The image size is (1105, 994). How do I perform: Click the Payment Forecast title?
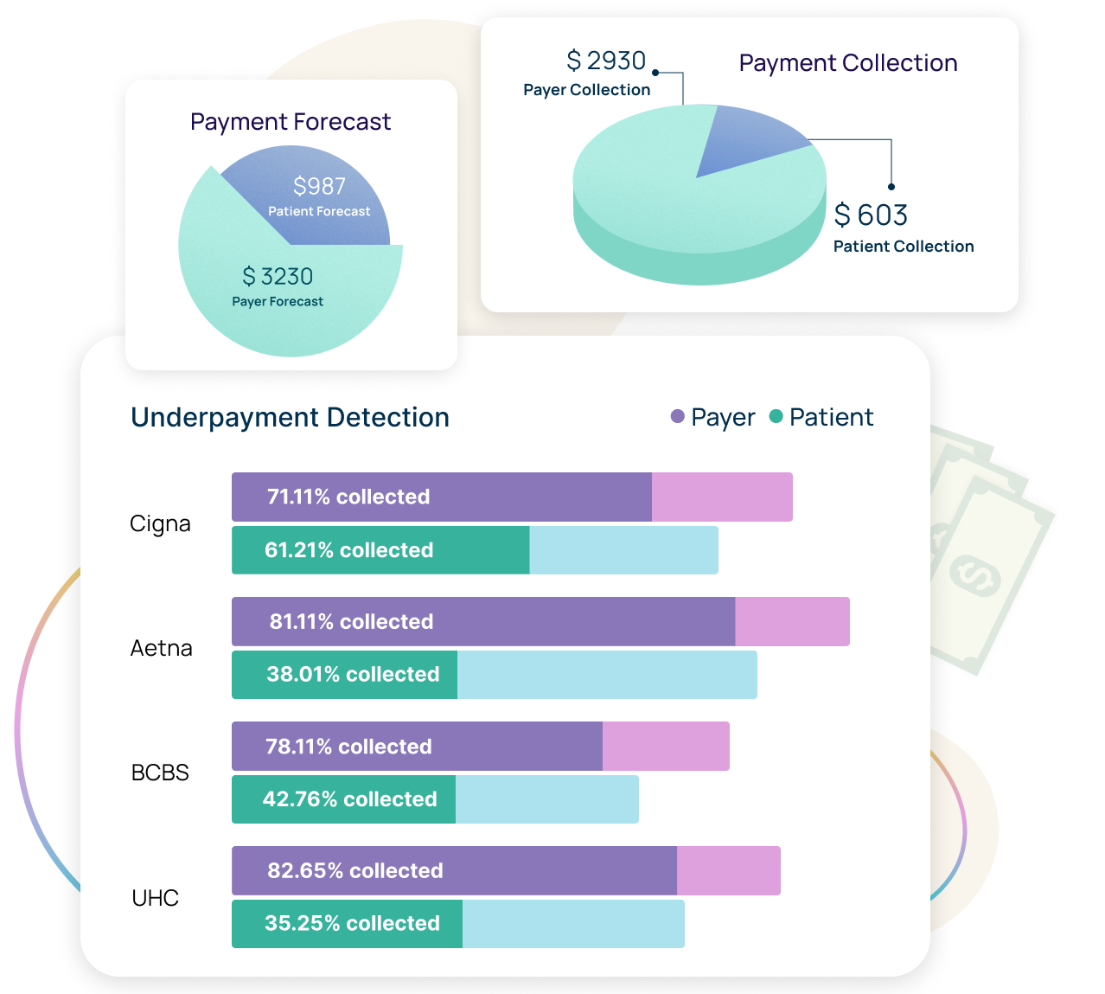coord(291,122)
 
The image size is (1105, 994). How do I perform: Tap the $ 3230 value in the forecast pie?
coord(278,277)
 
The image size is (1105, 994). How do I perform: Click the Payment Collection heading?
coord(847,63)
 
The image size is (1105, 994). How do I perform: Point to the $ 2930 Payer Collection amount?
coord(606,61)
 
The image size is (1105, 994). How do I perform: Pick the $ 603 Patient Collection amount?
coord(871,215)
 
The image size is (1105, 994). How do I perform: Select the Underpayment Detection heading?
coord(290,417)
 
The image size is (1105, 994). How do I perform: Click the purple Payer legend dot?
coord(678,417)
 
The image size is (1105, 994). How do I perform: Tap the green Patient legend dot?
coord(776,417)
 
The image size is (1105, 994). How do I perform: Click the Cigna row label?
coord(160,523)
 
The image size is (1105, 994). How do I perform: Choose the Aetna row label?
coord(161,648)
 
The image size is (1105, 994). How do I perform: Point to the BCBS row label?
coord(160,773)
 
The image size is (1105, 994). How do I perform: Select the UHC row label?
coord(156,898)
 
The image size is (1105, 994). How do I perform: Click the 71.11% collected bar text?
coord(348,497)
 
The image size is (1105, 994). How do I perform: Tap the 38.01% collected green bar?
coord(344,675)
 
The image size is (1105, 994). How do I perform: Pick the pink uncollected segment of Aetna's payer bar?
coord(792,621)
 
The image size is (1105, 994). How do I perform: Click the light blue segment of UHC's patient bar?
coord(573,924)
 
